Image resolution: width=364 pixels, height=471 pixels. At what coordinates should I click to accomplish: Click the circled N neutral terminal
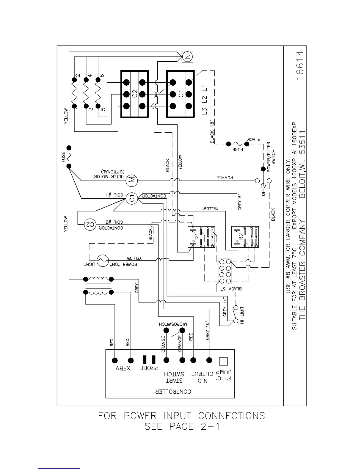[x=187, y=56]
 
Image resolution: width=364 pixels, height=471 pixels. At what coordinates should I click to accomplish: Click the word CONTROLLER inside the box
[x=173, y=391]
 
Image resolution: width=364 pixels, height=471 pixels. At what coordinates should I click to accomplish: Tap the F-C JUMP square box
[x=223, y=361]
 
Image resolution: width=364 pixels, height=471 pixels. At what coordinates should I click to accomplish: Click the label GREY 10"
[x=208, y=330]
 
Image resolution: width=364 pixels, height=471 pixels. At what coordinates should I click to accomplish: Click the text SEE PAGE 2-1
[x=182, y=427]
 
